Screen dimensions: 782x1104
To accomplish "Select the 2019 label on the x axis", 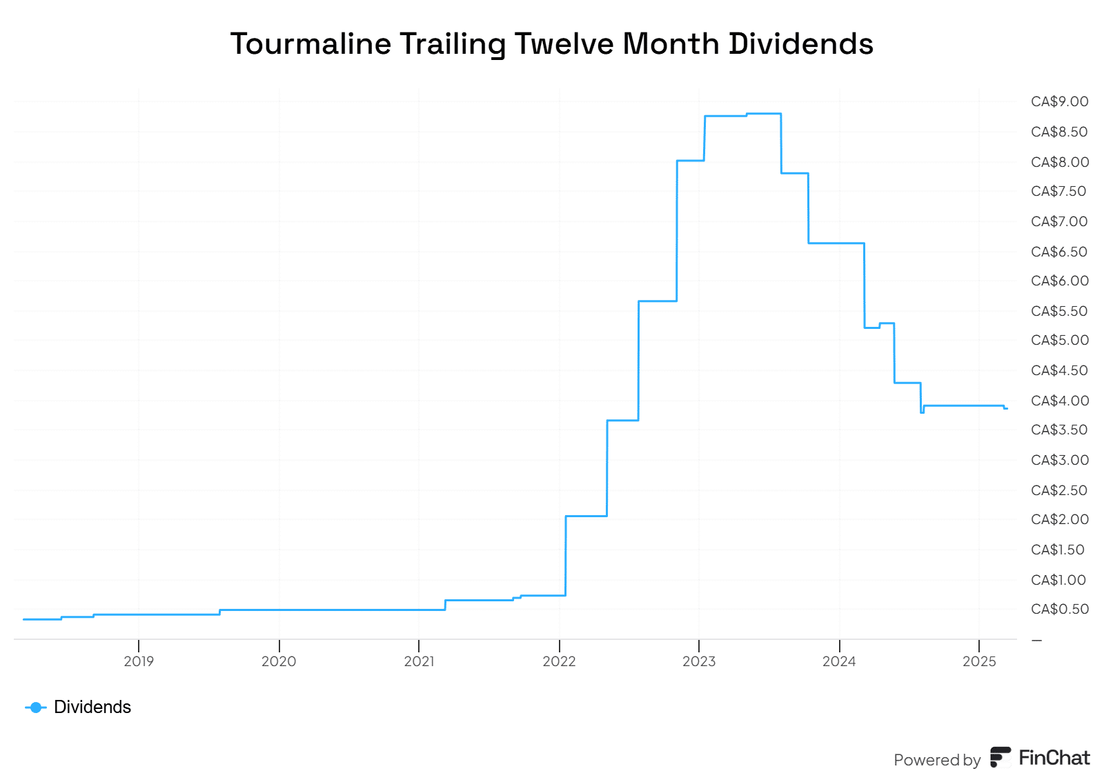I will tap(139, 661).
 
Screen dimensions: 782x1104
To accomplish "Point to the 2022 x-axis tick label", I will tap(559, 661).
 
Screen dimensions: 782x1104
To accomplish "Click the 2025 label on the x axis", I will tap(979, 661).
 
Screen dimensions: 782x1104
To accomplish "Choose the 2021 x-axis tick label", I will tap(419, 661).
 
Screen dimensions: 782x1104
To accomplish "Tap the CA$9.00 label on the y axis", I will tap(1059, 102).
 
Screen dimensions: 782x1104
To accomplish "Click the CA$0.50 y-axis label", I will tap(1059, 609).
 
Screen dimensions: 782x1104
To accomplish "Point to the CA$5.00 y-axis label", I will tap(1059, 340).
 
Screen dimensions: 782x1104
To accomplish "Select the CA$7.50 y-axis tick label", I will tap(1058, 191).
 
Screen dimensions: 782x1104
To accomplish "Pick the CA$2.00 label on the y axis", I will tap(1059, 519).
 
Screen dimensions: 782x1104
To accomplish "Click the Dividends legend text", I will tap(92, 707).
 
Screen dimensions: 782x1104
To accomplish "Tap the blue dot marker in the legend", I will tap(36, 708).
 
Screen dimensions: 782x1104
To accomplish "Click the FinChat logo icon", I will tap(1000, 757).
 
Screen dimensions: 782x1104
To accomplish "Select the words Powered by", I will tap(936, 760).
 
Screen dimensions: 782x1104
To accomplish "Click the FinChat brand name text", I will tap(1054, 758).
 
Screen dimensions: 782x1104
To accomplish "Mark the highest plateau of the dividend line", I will tap(763, 114).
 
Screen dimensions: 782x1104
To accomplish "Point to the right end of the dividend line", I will tap(1006, 409).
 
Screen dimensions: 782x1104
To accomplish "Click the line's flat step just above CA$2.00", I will tap(586, 516).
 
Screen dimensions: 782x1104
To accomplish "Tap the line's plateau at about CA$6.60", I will tap(836, 243).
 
